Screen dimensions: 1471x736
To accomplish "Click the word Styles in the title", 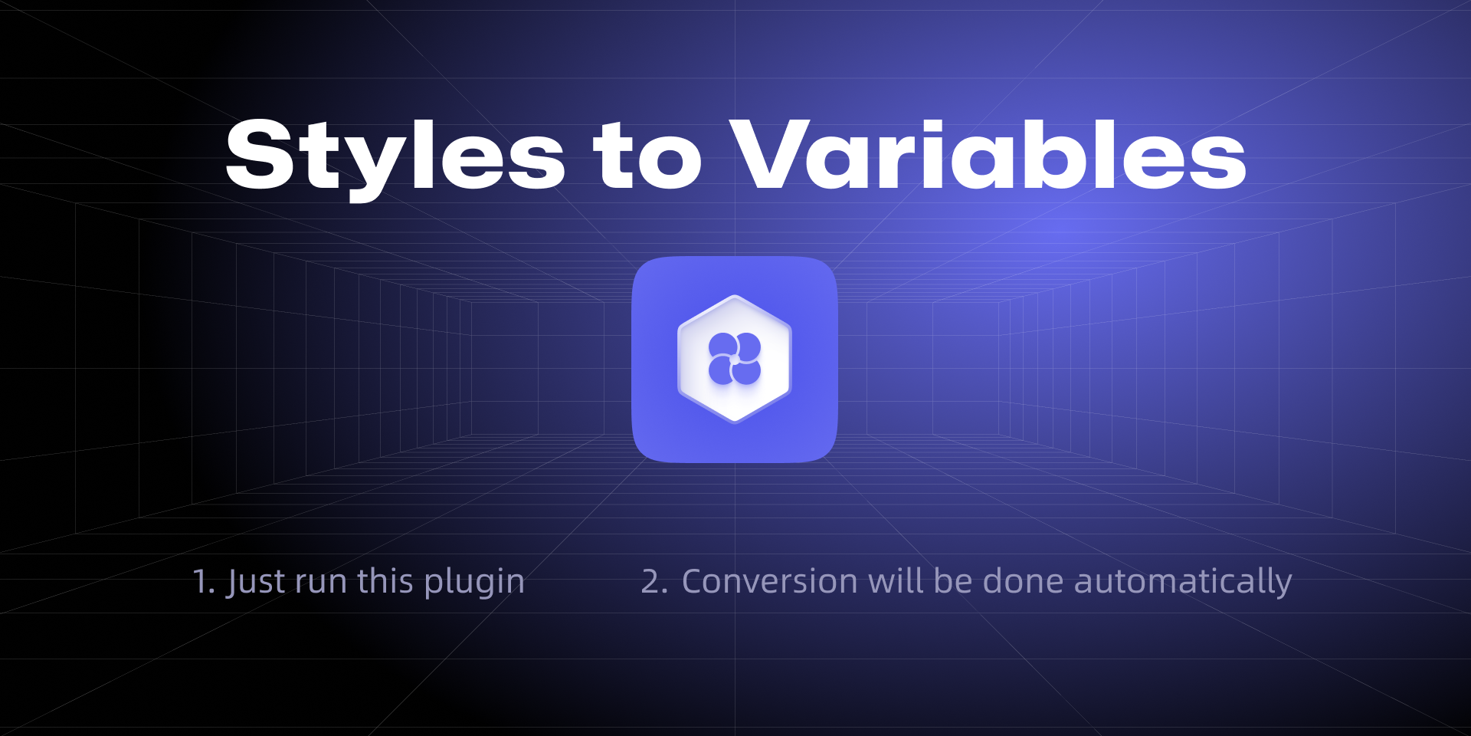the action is (x=395, y=158).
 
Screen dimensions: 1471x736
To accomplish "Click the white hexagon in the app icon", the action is (x=735, y=359).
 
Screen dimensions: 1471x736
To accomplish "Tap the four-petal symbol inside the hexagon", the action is (x=735, y=359).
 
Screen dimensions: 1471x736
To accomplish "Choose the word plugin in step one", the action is (x=474, y=583).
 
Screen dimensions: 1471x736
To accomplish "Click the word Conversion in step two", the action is (x=770, y=582).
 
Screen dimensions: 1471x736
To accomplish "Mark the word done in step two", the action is (x=1024, y=581).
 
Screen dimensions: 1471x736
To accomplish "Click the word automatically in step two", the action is (x=1183, y=583).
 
